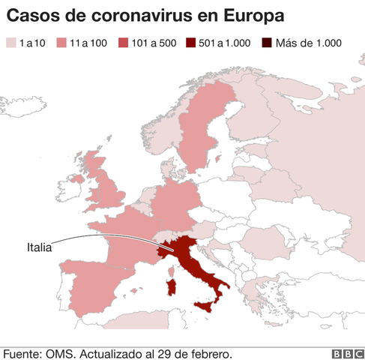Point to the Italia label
[x=40, y=246]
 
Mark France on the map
[x=124, y=240]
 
